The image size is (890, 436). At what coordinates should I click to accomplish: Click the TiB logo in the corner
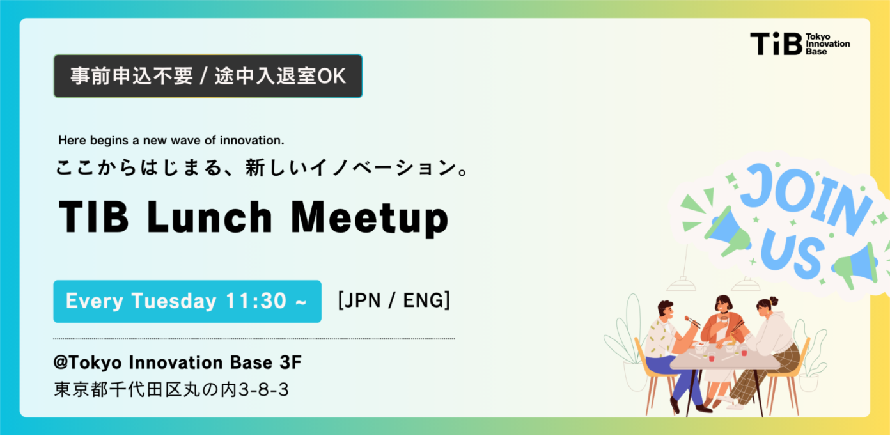click(x=800, y=43)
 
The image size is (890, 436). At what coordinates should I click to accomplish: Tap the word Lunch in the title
click(x=209, y=217)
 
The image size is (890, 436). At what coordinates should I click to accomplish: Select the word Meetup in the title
click(x=370, y=219)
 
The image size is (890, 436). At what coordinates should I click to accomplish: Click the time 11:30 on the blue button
click(x=256, y=300)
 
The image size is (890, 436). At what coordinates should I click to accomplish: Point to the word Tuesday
click(x=174, y=301)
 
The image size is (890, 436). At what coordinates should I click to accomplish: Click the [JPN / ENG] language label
click(x=394, y=300)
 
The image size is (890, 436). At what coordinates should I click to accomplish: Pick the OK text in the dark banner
click(x=331, y=76)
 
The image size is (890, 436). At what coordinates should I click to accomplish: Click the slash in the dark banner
click(x=203, y=76)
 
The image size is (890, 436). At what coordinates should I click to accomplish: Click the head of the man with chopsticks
click(x=666, y=310)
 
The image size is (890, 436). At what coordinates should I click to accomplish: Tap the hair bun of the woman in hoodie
click(x=774, y=301)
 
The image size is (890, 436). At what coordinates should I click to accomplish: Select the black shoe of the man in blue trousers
click(x=675, y=405)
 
